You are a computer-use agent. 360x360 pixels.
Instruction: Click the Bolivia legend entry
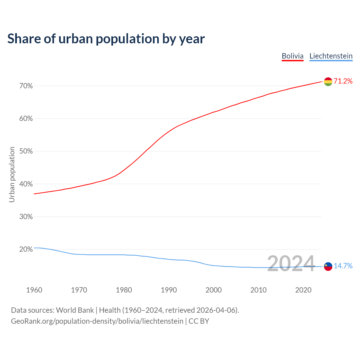(x=292, y=56)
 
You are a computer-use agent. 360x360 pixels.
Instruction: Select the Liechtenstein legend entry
(x=331, y=56)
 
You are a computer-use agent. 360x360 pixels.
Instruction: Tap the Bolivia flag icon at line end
(x=328, y=82)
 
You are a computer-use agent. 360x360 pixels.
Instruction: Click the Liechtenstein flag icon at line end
(x=328, y=266)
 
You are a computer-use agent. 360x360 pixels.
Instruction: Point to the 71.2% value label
(x=343, y=81)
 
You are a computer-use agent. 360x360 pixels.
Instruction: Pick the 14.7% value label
(x=343, y=266)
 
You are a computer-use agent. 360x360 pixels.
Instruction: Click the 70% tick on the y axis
(x=26, y=86)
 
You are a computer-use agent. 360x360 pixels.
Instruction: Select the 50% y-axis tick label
(x=26, y=151)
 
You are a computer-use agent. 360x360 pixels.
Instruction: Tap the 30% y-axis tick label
(x=26, y=217)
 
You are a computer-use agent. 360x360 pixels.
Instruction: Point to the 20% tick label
(x=26, y=249)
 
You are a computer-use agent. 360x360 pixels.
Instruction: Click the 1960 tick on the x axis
(x=34, y=290)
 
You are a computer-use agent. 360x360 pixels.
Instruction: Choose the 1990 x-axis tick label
(x=169, y=290)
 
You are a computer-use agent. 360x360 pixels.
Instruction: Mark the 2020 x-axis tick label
(x=303, y=290)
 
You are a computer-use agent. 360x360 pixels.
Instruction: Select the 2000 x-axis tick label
(x=213, y=290)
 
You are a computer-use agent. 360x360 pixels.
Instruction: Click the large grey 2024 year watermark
(x=291, y=264)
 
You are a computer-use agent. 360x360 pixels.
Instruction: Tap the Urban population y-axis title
(x=12, y=174)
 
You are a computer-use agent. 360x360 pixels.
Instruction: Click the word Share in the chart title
(x=24, y=39)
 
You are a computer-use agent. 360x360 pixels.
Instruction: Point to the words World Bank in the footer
(x=75, y=310)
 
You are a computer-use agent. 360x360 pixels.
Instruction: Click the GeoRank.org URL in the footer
(x=97, y=321)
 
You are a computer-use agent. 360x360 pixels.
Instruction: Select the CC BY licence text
(x=199, y=321)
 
